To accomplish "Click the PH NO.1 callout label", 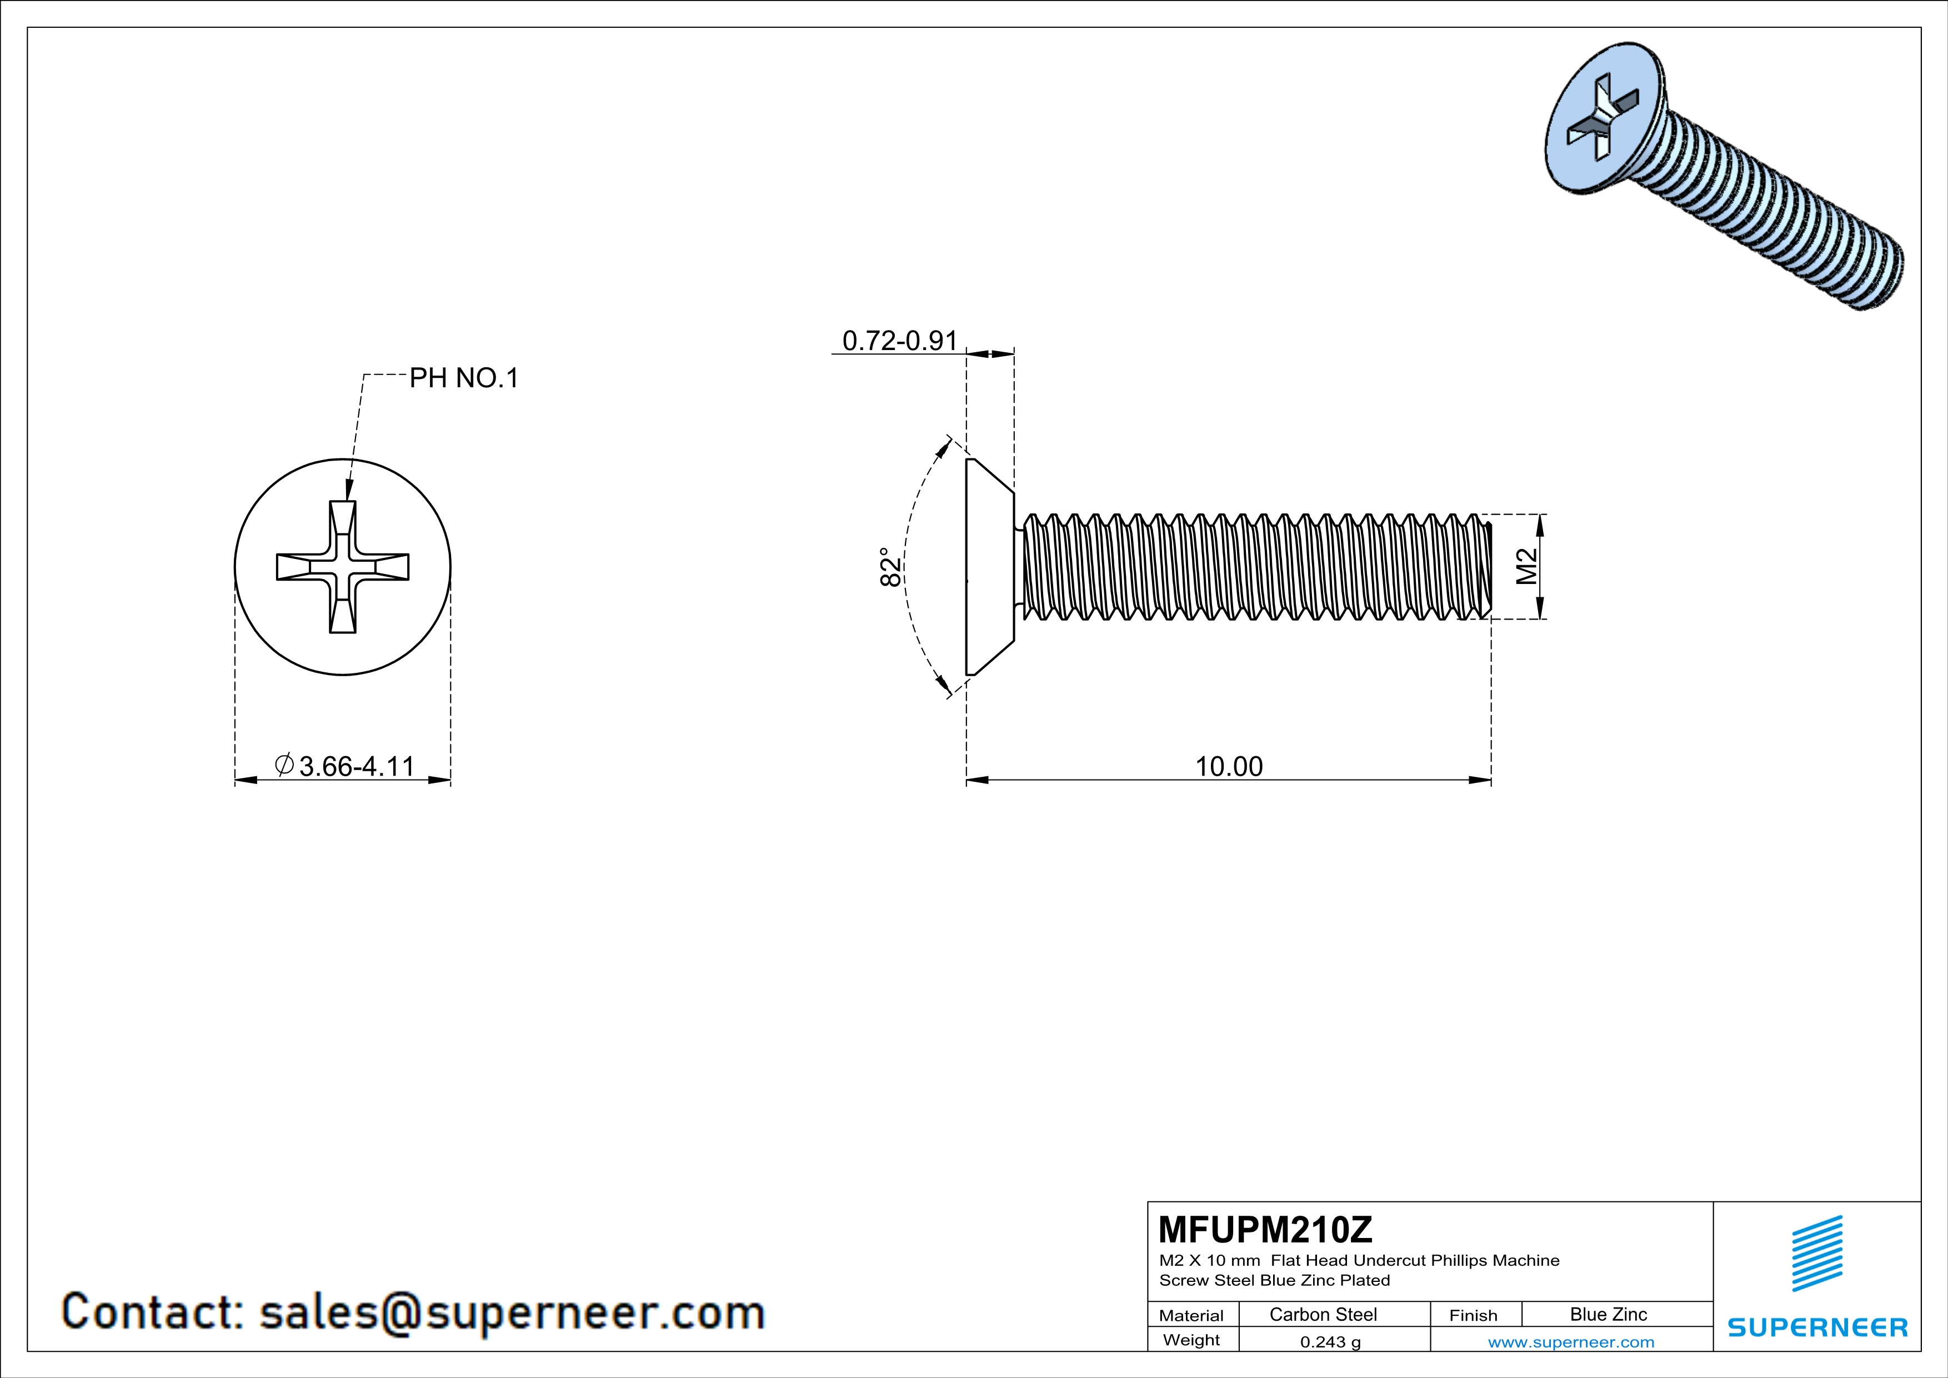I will point(463,378).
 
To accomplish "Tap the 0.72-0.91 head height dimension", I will point(899,341).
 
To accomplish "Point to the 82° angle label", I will point(890,567).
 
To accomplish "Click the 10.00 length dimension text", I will point(1229,766).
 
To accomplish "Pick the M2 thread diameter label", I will point(1526,567).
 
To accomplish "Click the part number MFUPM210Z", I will point(1265,1230).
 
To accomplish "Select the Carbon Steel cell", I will point(1323,1314).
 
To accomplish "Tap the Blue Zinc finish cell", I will point(1608,1314).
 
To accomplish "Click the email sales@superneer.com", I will point(512,1312).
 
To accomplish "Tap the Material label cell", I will point(1191,1315).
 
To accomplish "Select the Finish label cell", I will point(1473,1315).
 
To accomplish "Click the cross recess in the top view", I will point(343,567).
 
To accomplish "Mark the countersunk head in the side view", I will point(989,567).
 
